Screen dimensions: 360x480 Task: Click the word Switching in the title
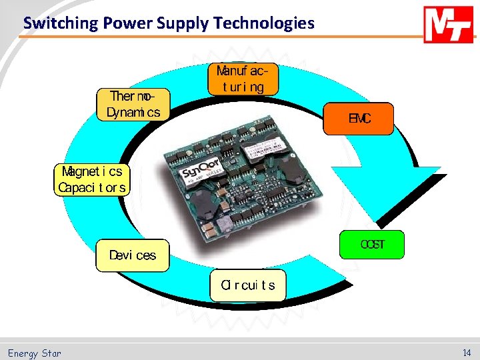[59, 23]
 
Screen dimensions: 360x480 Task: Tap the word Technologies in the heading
[263, 23]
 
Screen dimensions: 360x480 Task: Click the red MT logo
[449, 25]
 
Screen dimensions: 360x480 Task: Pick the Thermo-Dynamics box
[133, 105]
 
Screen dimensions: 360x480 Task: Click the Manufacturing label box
[243, 79]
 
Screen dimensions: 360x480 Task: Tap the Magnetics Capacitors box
[91, 179]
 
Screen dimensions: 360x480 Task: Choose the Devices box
[133, 255]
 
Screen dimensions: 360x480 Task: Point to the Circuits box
[247, 285]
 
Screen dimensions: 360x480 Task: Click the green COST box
[372, 245]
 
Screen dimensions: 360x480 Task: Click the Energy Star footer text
[34, 353]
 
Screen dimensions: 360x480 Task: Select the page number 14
[467, 353]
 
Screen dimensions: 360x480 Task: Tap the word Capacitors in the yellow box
[91, 187]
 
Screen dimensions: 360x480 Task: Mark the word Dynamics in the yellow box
[133, 113]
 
